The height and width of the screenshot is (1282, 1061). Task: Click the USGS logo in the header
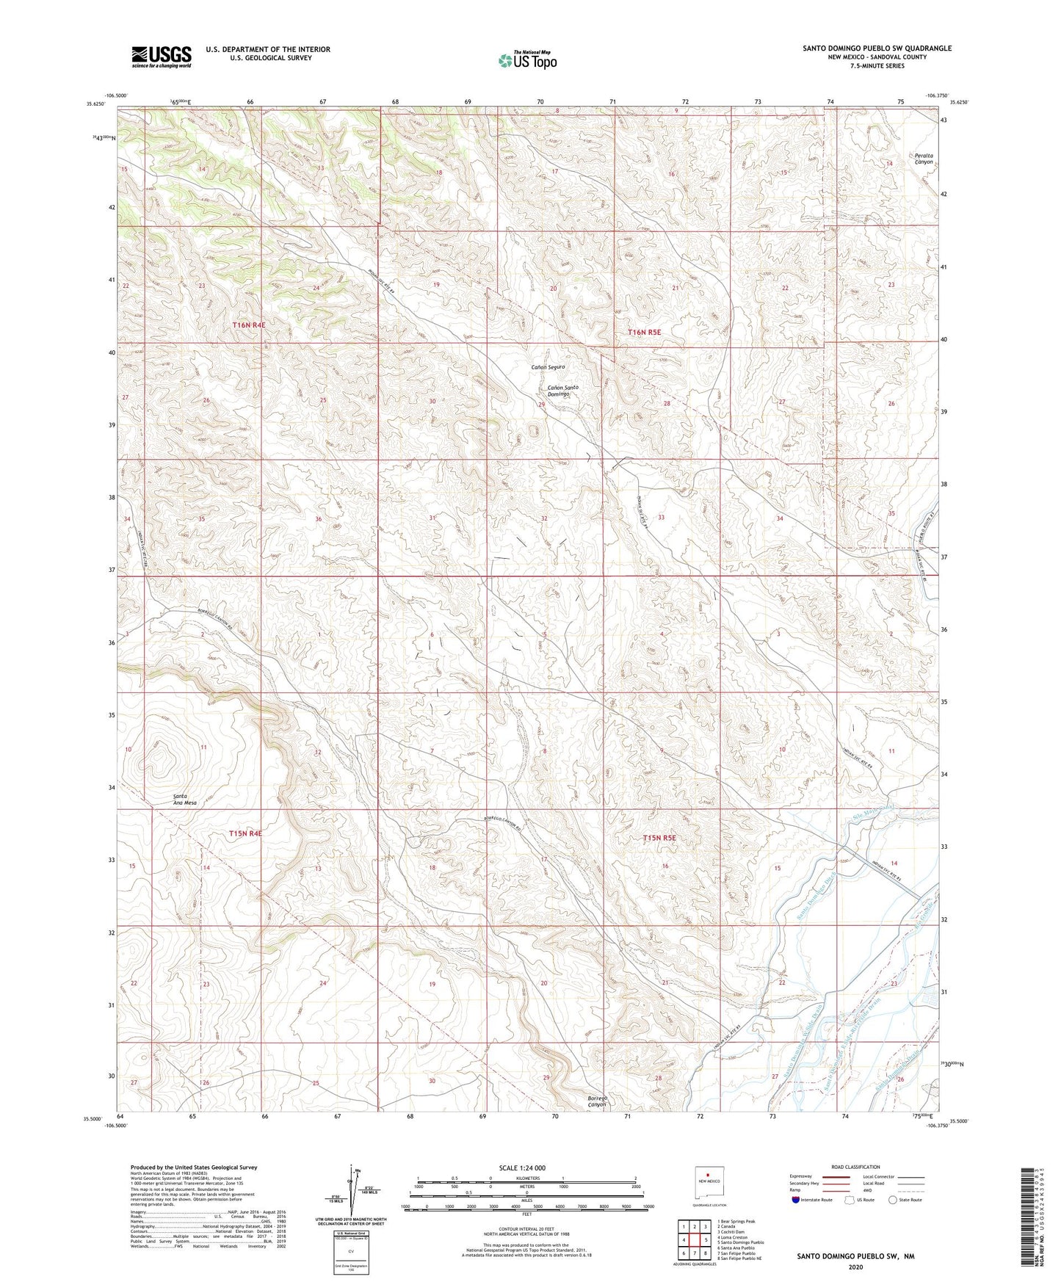coord(162,57)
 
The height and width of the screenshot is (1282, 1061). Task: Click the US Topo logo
coord(526,60)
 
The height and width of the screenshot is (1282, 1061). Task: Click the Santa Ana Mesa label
coord(184,800)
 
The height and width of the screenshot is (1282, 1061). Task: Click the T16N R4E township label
coord(253,324)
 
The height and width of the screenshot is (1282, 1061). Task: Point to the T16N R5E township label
coord(644,332)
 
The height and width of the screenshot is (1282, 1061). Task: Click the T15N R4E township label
coord(245,833)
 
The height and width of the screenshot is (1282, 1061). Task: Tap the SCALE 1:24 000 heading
coord(522,1167)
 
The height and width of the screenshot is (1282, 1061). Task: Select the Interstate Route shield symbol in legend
coord(796,1200)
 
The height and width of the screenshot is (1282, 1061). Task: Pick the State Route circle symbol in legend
coord(892,1200)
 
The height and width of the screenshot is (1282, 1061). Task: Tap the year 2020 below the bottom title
coord(855,1266)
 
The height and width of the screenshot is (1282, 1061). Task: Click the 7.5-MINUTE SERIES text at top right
coord(877,66)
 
